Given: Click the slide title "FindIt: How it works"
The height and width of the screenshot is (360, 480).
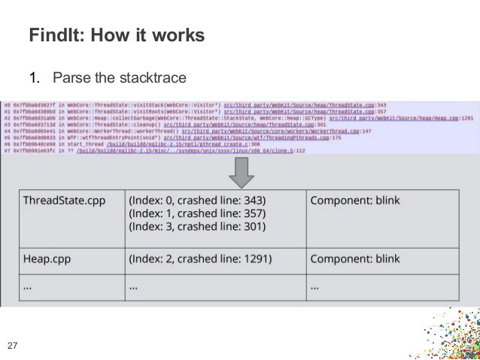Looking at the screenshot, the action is tap(117, 35).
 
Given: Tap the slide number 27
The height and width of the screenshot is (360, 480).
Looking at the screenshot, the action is tap(12, 346).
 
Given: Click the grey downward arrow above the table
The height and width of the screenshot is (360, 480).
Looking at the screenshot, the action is tap(241, 171).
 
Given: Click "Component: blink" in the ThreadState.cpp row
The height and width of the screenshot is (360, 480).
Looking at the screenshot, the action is tap(354, 201).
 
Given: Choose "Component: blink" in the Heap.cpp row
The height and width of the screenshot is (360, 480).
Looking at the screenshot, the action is tap(354, 258).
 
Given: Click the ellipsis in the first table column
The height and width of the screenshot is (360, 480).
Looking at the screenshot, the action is tap(28, 286).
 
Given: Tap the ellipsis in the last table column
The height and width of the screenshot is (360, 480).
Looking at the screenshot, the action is tap(315, 286).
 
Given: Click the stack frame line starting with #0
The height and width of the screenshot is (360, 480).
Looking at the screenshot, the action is tap(195, 104).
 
